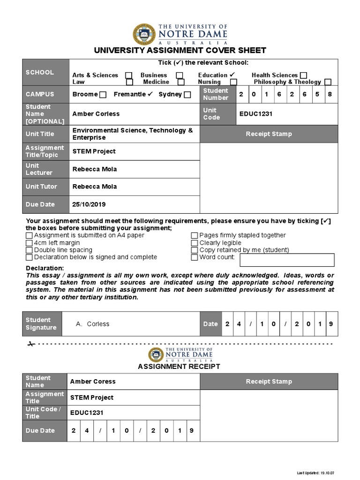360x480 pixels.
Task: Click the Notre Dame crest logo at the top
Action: pos(143,34)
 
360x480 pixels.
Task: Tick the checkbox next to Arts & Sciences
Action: pos(129,75)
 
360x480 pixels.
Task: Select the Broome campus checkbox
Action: pos(103,95)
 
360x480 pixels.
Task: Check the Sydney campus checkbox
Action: pos(187,95)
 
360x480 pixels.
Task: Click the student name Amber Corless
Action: pos(96,114)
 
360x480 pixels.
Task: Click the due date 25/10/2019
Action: pos(89,204)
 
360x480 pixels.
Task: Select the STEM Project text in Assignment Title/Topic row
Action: pos(94,151)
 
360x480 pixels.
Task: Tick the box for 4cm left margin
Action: pos(30,243)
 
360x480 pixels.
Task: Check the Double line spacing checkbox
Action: pos(30,250)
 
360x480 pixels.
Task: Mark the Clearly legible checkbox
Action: pos(195,243)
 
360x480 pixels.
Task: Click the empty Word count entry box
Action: pos(287,260)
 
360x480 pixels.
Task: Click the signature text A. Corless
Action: pos(92,324)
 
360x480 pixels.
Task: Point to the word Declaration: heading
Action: pos(45,268)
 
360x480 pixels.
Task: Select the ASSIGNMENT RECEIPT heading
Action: pos(179,367)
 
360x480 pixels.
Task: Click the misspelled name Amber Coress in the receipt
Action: pos(93,382)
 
